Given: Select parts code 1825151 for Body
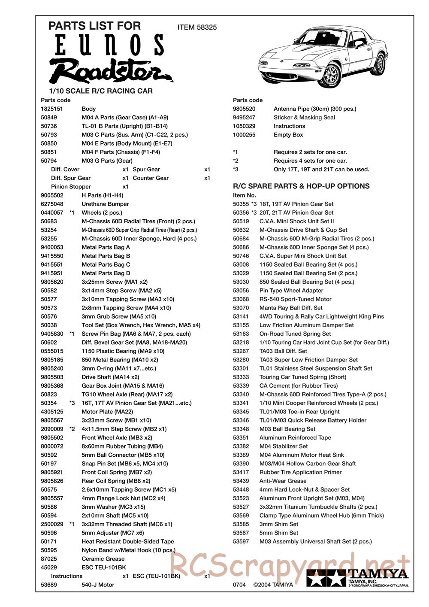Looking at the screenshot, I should click(52, 109).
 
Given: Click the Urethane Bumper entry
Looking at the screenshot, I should click(105, 204).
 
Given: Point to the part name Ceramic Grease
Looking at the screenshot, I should click(103, 559).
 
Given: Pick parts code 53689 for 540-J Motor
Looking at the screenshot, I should click(49, 585).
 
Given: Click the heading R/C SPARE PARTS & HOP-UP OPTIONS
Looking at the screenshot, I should click(301, 186).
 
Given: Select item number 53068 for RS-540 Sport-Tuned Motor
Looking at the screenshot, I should click(241, 299).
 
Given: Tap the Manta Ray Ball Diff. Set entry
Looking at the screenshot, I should click(291, 308).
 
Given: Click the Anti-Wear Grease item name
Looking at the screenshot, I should click(283, 481).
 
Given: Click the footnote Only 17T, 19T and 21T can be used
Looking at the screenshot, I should click(321, 169).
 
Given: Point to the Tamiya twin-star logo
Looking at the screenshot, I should click(326, 579).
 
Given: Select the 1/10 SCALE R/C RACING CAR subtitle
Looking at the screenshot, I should click(101, 91).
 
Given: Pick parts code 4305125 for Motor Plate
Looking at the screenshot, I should click(52, 412).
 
